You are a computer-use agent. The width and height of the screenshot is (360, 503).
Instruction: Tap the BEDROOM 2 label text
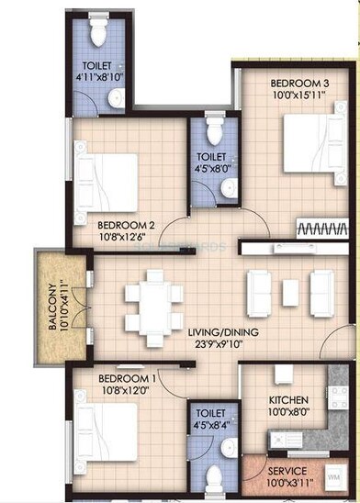(x=125, y=222)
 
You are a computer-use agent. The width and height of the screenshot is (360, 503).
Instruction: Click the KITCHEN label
(x=287, y=400)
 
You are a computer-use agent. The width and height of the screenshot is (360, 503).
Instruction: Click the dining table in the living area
(x=153, y=303)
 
